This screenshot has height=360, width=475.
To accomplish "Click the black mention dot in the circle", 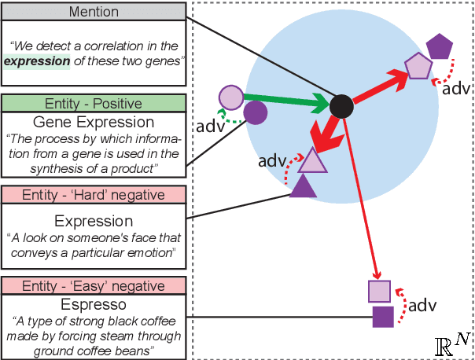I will (x=341, y=105).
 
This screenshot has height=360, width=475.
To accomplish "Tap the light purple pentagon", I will (x=418, y=67).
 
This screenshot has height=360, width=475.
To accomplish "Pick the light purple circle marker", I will (x=230, y=97).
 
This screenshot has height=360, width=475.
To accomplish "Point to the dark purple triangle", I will (x=304, y=186).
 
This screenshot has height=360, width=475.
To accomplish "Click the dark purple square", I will (x=383, y=317).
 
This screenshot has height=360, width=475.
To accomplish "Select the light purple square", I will (x=379, y=291).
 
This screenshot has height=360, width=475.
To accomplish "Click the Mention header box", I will (x=94, y=12).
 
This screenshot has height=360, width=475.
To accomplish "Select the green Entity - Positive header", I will (x=94, y=103).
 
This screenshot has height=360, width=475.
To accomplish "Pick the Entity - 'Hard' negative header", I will (x=94, y=194).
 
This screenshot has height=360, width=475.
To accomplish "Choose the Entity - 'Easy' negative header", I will (x=94, y=285).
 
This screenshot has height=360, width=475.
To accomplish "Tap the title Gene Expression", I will (x=94, y=122).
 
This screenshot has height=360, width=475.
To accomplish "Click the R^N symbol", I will (x=452, y=343).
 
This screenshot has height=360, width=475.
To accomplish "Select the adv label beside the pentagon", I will (x=457, y=87).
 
